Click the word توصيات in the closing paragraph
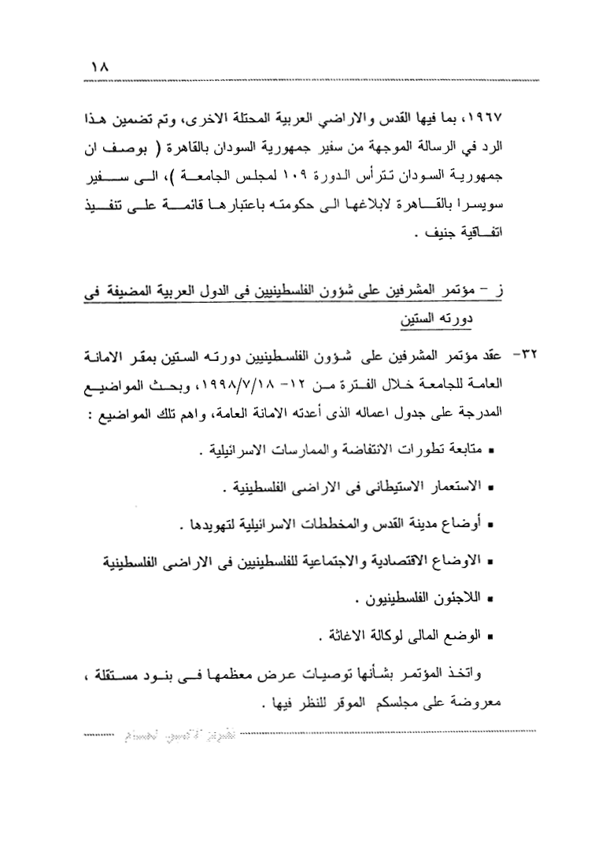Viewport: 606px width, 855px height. click(339, 676)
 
